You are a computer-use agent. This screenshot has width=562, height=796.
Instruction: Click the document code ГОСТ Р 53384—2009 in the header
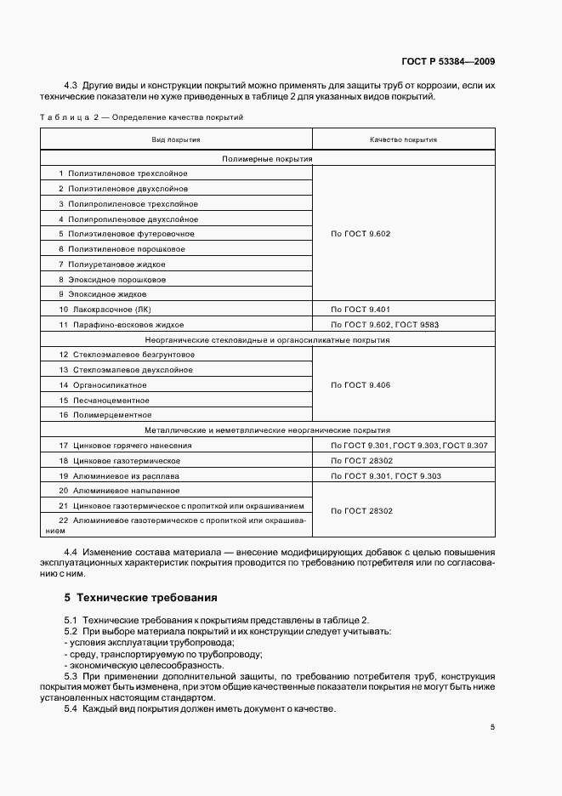pyautogui.click(x=448, y=62)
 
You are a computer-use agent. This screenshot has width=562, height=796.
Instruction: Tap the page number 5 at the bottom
pyautogui.click(x=493, y=726)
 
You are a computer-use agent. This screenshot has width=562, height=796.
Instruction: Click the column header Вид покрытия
pyautogui.click(x=176, y=139)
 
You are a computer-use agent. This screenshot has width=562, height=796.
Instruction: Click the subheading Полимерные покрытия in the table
pyautogui.click(x=267, y=158)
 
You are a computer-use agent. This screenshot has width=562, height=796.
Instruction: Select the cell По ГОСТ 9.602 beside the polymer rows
pyautogui.click(x=360, y=233)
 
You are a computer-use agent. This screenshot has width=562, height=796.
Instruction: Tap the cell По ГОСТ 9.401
pyautogui.click(x=360, y=310)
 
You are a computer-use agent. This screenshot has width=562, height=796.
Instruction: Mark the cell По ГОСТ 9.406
pyautogui.click(x=360, y=385)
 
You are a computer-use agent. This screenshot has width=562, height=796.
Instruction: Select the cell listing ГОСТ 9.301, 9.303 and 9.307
pyautogui.click(x=402, y=446)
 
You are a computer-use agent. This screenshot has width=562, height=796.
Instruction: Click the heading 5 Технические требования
pyautogui.click(x=141, y=597)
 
